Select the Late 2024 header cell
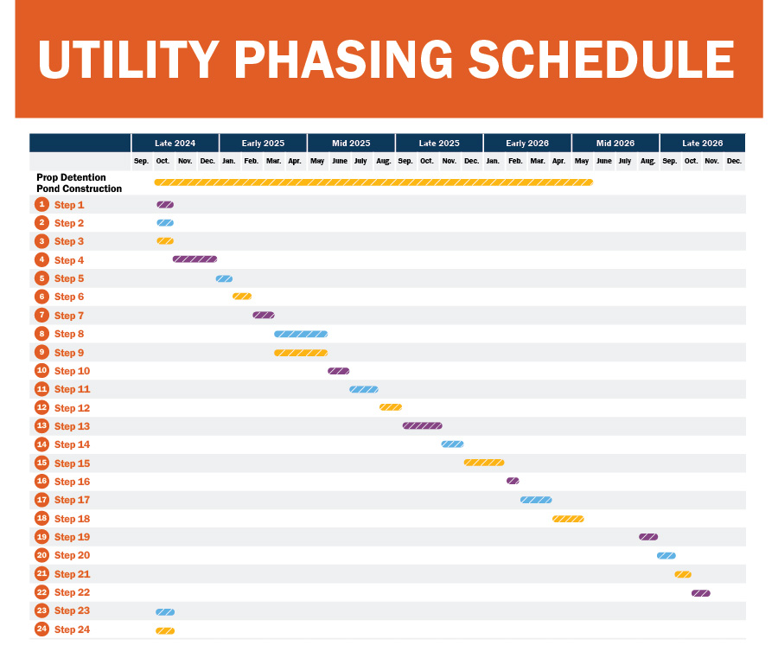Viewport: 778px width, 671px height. coord(175,143)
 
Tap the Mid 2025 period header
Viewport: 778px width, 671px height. coord(351,143)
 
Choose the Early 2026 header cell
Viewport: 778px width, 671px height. coord(527,143)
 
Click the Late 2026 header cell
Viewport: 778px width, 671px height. coord(702,143)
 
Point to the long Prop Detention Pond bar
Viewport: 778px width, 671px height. coord(373,182)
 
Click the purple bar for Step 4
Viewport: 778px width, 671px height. coord(194,259)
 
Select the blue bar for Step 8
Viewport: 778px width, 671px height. coord(301,334)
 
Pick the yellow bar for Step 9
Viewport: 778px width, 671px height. coord(301,353)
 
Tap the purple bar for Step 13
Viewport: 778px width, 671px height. coord(422,425)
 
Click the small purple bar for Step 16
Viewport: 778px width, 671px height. coord(513,481)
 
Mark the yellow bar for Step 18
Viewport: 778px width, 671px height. coord(568,519)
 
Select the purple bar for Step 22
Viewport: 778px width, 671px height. coord(700,593)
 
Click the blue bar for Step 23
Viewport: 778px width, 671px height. coord(165,611)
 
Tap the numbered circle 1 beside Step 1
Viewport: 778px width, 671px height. coord(41,205)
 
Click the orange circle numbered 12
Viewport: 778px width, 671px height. coord(41,407)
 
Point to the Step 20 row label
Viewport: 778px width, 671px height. coord(72,555)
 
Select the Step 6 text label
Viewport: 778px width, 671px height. coord(69,297)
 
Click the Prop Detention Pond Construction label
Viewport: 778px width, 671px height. coord(79,183)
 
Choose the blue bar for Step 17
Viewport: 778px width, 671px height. coord(536,500)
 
